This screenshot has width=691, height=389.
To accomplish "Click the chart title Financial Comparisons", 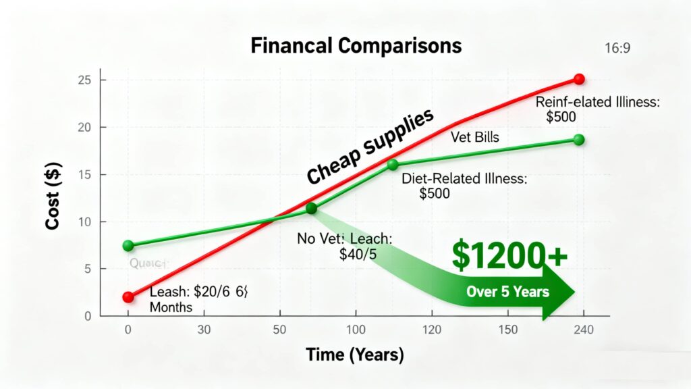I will [x=356, y=46].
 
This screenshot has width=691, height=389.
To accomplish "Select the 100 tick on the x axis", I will [x=355, y=330].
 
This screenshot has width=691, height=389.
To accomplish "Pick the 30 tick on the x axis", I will [x=203, y=330].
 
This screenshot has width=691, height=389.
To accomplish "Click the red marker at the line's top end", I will [x=578, y=79].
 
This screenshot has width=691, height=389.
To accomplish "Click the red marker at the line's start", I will [x=128, y=296].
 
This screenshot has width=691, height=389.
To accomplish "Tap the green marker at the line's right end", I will [x=578, y=140].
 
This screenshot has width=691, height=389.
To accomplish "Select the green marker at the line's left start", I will [x=128, y=245].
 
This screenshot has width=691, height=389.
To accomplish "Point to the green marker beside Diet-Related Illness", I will [x=392, y=165].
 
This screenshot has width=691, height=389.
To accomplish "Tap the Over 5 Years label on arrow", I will [x=508, y=293].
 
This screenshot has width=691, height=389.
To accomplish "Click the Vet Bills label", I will [x=474, y=138].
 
